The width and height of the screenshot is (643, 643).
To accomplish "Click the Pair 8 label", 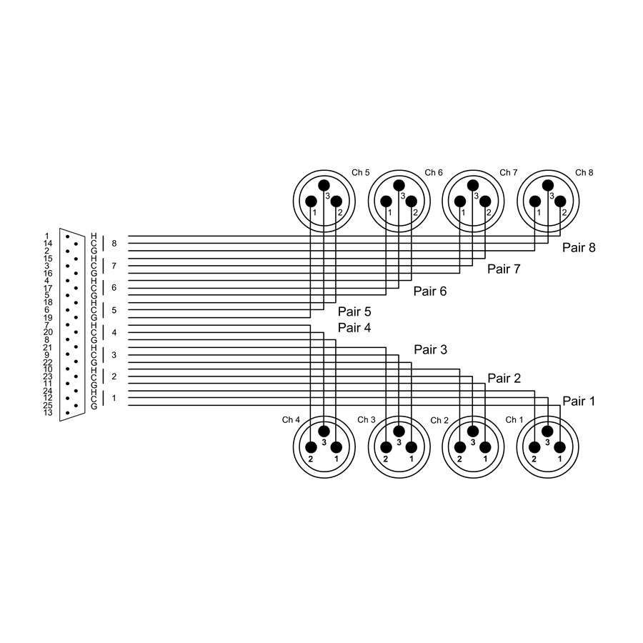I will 579,249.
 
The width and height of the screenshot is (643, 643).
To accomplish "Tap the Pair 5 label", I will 354,311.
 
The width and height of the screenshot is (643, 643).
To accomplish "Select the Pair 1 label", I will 579,402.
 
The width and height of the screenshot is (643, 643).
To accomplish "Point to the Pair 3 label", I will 430,350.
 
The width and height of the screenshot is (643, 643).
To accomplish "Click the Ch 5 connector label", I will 361,172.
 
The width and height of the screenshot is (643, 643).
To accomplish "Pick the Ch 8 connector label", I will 584,172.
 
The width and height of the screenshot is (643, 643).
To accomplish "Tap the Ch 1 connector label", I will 514,419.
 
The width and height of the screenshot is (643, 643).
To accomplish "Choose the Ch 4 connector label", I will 291,419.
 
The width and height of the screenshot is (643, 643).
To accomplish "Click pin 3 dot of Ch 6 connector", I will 399,185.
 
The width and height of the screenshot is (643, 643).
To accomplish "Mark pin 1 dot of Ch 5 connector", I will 311,201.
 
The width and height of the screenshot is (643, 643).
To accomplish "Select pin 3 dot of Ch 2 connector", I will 472,432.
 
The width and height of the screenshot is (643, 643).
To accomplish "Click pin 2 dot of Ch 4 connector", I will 311,448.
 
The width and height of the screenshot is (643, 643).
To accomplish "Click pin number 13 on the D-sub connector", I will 47,413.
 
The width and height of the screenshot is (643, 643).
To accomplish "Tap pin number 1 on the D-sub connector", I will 47,236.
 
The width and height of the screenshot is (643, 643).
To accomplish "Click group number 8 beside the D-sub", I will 114,244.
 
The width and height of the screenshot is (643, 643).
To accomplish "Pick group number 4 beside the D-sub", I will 114,332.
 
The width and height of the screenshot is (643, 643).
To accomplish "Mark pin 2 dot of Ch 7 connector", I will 486,201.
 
